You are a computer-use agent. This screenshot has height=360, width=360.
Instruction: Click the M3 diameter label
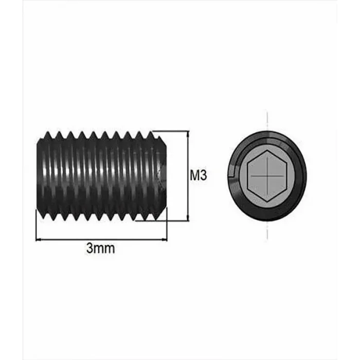pyautogui.click(x=198, y=176)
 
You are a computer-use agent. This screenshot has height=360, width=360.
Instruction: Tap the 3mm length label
pyautogui.click(x=100, y=249)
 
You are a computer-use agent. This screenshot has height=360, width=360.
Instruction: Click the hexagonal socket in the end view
pyautogui.click(x=267, y=175)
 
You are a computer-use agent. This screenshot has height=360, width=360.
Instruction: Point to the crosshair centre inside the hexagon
pyautogui.click(x=267, y=175)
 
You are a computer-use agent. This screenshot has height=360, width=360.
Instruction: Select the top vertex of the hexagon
pyautogui.click(x=267, y=152)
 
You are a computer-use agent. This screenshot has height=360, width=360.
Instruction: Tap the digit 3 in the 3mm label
pyautogui.click(x=89, y=249)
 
